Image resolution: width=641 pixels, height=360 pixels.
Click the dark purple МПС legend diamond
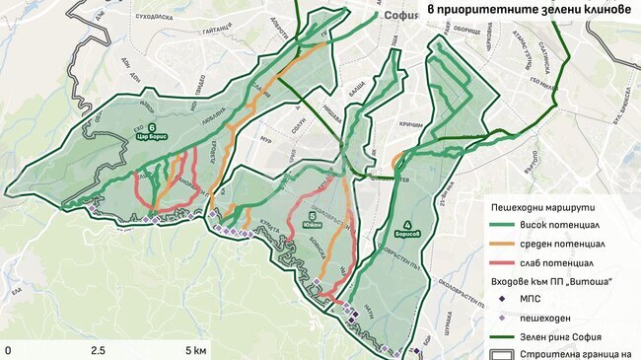[x=504, y=301]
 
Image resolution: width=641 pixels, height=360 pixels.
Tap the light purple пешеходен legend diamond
[x=504, y=318]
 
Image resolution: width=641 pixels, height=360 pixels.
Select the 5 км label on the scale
[x=194, y=350]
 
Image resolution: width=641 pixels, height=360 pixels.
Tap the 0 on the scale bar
[x=8, y=350]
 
